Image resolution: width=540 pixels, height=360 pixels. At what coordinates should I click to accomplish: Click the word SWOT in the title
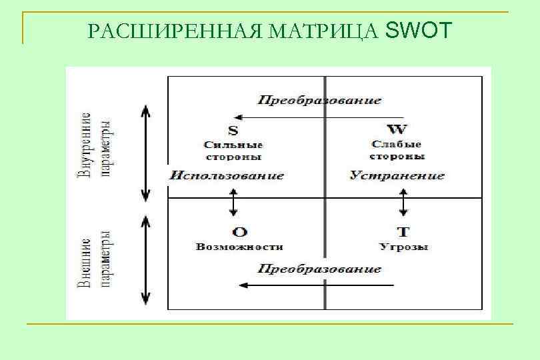418,30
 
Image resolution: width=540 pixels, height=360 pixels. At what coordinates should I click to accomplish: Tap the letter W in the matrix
397,129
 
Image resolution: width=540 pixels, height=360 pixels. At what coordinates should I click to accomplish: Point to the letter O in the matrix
239,232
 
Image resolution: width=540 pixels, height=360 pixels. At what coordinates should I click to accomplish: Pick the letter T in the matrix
403,232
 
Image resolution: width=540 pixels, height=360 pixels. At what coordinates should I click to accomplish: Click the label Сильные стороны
233,150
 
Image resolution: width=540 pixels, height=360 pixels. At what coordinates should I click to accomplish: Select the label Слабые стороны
397,150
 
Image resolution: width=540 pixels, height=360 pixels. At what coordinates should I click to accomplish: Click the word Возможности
239,247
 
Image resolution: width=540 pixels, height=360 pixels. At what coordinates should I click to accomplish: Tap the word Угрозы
403,247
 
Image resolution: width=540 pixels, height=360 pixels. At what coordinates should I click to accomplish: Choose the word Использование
227,176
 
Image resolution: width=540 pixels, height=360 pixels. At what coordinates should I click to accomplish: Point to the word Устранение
397,176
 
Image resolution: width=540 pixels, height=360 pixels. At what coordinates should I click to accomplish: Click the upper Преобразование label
319,101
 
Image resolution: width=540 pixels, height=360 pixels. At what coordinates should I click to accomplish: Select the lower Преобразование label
319,269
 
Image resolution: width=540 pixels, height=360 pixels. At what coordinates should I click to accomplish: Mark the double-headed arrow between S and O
233,202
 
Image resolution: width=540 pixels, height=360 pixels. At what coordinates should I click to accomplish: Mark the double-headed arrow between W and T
403,202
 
